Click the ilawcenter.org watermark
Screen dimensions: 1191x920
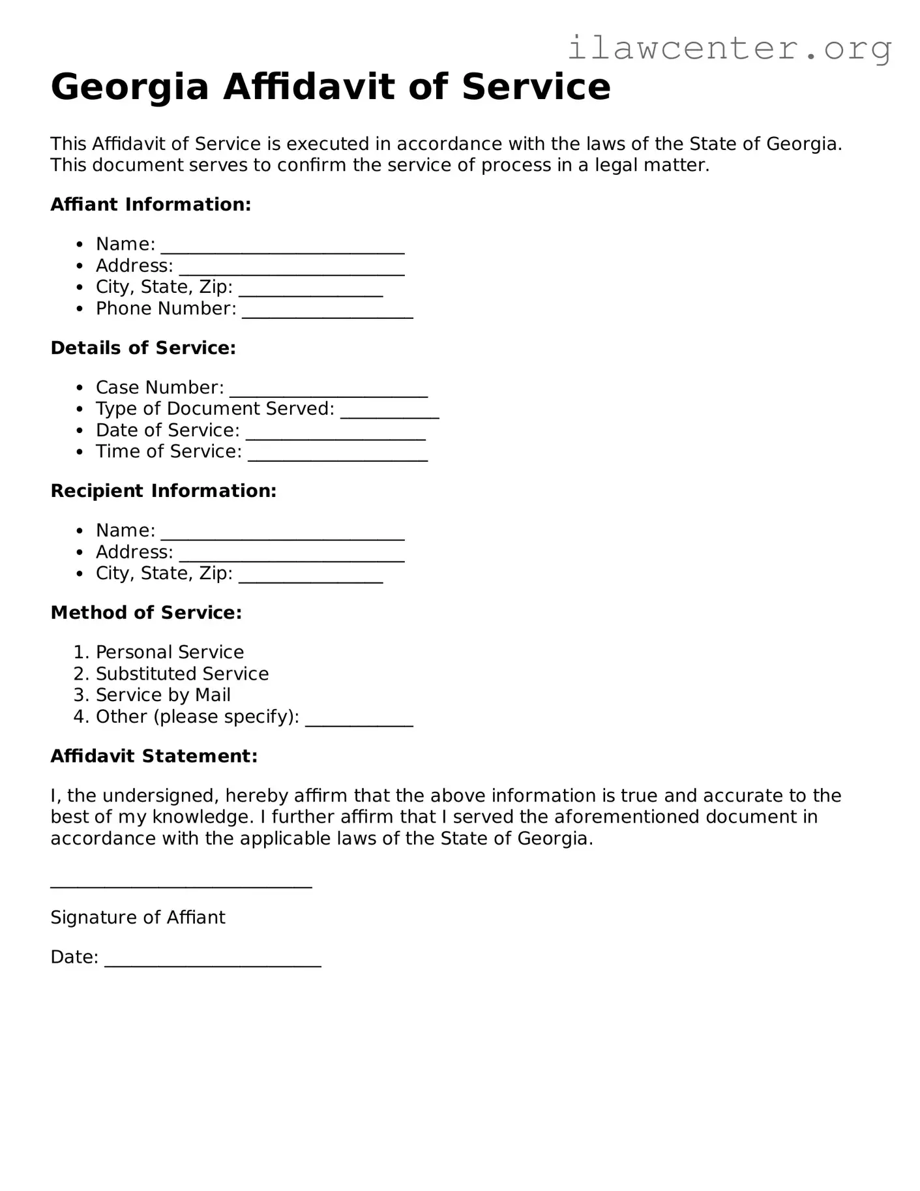point(730,48)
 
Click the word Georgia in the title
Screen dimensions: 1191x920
point(129,87)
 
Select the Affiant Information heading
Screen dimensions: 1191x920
point(151,205)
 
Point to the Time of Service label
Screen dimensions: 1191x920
point(169,451)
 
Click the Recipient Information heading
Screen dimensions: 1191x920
point(164,491)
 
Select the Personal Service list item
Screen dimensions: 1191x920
point(170,652)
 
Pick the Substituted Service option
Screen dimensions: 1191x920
point(182,674)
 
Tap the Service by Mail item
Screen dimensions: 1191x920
point(163,695)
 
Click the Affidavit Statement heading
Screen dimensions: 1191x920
point(154,757)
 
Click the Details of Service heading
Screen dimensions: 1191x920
point(143,348)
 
